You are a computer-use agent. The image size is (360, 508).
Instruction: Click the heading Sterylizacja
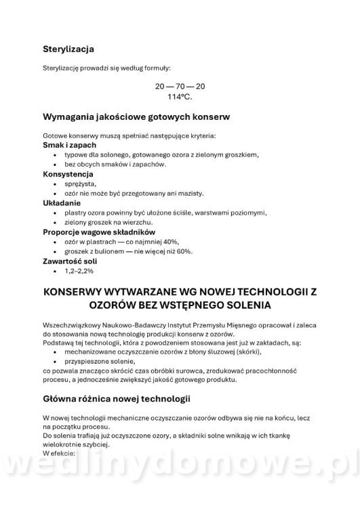pyautogui.click(x=68, y=49)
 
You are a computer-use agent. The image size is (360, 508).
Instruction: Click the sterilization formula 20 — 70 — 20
pyautogui.click(x=180, y=87)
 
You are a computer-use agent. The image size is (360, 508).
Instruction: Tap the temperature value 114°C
pyautogui.click(x=180, y=97)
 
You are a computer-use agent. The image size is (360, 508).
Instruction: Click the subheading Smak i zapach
pyautogui.click(x=69, y=145)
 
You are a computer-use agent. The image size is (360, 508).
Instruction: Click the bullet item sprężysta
pyautogui.click(x=81, y=184)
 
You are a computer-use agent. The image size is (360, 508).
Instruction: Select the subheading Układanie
pyautogui.click(x=62, y=203)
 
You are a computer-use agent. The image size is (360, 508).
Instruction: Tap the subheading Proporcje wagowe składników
pyautogui.click(x=99, y=232)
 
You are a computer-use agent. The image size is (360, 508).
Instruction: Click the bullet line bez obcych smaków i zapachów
pyautogui.click(x=115, y=165)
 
